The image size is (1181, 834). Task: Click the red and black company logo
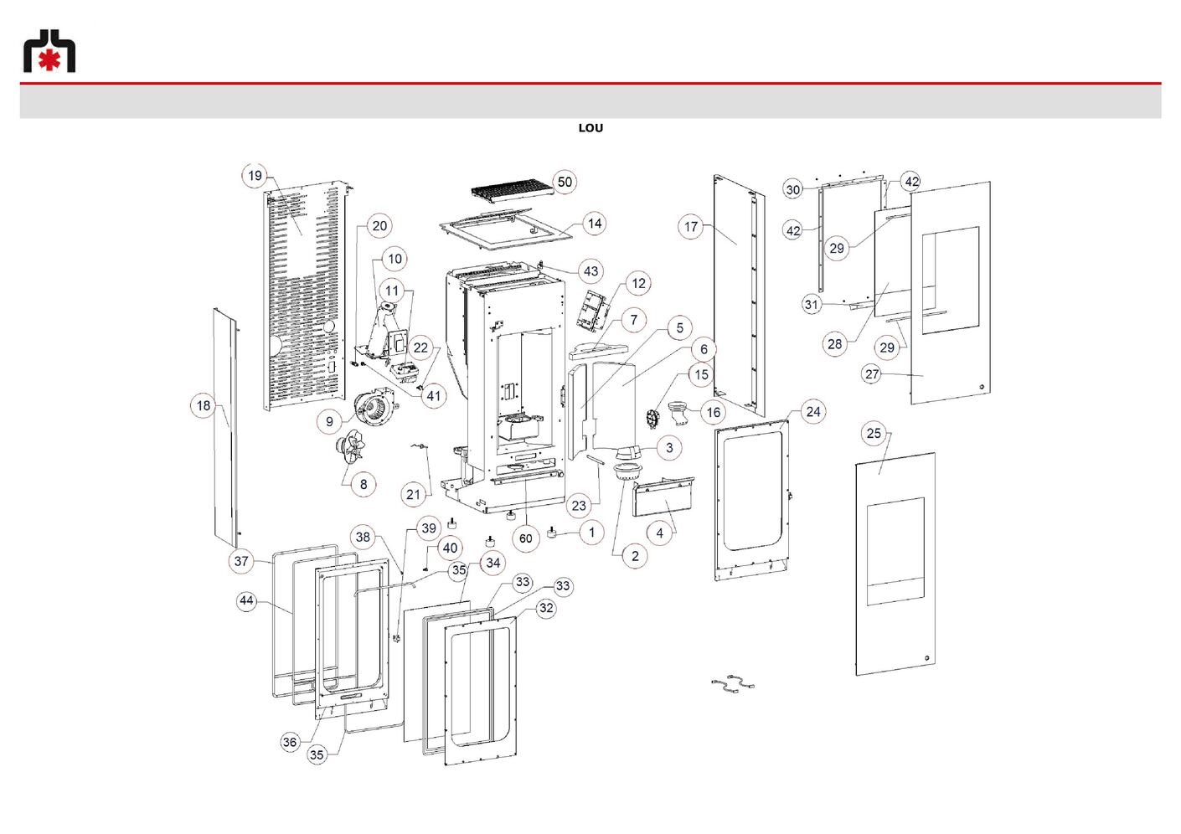[x=49, y=51]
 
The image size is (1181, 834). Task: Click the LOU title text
[x=590, y=128]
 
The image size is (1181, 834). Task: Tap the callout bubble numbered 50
[x=565, y=182]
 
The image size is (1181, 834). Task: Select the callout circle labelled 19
[x=255, y=176]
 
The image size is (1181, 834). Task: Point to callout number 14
[x=594, y=224]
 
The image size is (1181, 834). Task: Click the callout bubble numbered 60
[x=526, y=538]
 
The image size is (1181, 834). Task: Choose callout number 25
[x=874, y=434]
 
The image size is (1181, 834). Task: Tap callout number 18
[x=203, y=405]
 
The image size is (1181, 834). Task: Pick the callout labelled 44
[x=246, y=600]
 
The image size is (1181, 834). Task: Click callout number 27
[x=872, y=374]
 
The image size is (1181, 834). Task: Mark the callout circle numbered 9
[x=329, y=421]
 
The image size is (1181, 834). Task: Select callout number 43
[x=590, y=271]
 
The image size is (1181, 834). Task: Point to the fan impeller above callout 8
[x=350, y=448]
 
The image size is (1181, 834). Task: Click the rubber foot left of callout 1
[x=552, y=533]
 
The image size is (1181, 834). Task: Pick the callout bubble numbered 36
[x=290, y=742]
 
